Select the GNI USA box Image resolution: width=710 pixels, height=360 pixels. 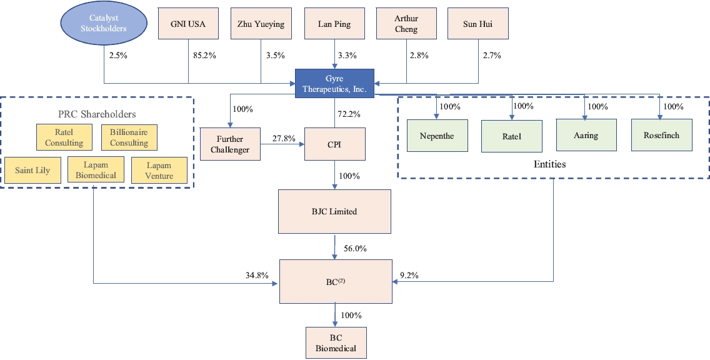point(188,24)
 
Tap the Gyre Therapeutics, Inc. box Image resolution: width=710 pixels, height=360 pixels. point(334,83)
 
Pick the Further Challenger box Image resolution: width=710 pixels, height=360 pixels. point(231,144)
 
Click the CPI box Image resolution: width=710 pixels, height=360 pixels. point(334,144)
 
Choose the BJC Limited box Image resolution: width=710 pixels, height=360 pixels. point(334,212)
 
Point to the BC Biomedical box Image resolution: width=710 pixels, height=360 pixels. point(336,342)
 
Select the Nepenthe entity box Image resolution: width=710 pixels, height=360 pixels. point(437,136)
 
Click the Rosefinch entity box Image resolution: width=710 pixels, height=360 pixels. point(661,136)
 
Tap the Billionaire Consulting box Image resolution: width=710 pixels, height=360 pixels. point(129,137)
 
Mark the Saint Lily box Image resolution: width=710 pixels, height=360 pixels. point(33,171)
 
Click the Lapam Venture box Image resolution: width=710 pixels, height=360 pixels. point(159,171)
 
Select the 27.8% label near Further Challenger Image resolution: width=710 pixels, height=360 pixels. point(283,138)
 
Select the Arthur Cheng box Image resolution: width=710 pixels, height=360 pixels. point(406,24)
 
